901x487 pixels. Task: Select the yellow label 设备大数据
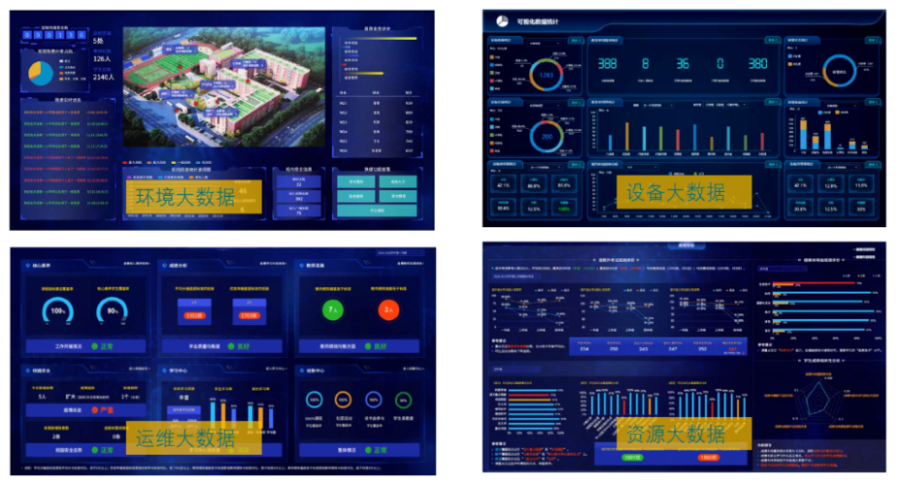pyautogui.click(x=676, y=191)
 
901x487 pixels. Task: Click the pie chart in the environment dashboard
pyautogui.click(x=41, y=73)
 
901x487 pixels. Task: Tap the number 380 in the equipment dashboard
pyautogui.click(x=756, y=64)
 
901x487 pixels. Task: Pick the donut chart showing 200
pyautogui.click(x=547, y=135)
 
